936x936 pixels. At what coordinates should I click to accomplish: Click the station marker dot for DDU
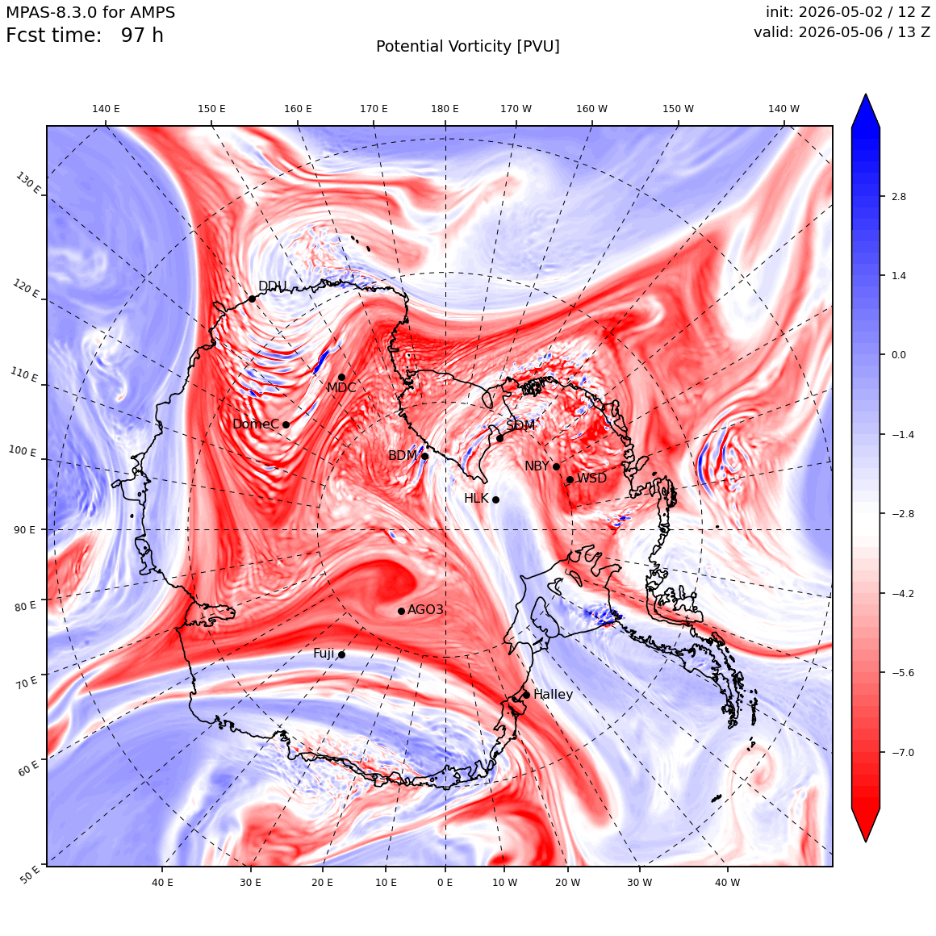253,299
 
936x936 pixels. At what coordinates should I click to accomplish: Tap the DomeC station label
256,424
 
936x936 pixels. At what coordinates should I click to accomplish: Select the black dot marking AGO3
402,611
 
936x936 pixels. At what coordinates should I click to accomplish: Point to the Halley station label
553,694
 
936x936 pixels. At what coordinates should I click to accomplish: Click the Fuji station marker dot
341,654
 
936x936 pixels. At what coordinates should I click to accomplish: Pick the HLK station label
476,498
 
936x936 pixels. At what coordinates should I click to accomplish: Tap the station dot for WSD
570,479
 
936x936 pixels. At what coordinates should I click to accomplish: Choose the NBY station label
537,466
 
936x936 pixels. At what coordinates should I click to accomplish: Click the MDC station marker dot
341,378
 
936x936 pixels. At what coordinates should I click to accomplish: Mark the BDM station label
403,455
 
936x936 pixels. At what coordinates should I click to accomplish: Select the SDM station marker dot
499,438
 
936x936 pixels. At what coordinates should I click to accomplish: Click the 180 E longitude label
445,109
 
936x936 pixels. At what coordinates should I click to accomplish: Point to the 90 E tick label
24,529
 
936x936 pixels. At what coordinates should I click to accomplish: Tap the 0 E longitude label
445,882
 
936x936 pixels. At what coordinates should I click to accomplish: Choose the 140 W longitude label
783,109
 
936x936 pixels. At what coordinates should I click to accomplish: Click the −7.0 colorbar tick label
903,752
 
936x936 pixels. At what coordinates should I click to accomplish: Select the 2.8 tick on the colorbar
898,196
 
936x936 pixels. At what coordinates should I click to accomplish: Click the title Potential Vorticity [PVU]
468,47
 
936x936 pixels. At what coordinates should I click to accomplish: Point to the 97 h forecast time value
142,36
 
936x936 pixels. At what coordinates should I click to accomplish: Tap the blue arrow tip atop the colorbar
866,95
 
